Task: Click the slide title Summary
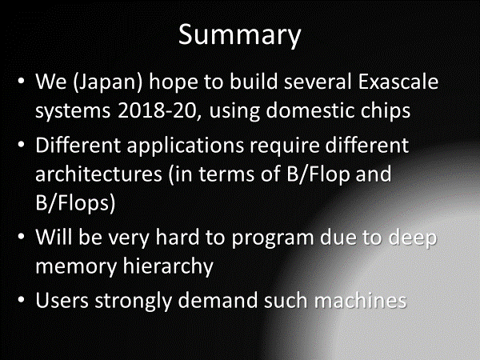point(240,35)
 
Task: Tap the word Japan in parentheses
point(107,82)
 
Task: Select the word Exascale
point(398,82)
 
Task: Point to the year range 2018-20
point(157,110)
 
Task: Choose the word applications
point(186,146)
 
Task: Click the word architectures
point(98,174)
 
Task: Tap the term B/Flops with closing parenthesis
point(75,203)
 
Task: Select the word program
point(273,238)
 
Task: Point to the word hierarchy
point(168,266)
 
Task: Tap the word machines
point(360,300)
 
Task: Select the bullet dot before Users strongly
point(21,300)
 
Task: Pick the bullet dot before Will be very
point(21,237)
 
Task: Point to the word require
point(285,146)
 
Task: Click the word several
point(318,82)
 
